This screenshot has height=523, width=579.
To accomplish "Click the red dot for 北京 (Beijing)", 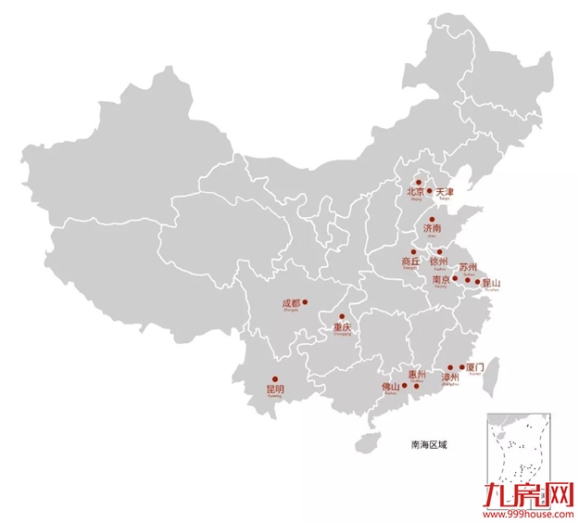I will click(418, 183).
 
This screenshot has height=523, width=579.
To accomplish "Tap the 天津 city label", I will click(445, 192).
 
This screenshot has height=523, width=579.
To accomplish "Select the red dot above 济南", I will click(432, 219).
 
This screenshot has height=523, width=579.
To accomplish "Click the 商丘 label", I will click(411, 261).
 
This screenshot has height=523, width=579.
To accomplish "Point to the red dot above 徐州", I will click(439, 251).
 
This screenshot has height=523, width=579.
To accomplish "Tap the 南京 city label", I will click(441, 279).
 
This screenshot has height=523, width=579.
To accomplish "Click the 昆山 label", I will click(491, 282).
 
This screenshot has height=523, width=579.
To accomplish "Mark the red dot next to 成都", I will click(305, 300).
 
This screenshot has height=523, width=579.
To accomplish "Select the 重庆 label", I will click(342, 327).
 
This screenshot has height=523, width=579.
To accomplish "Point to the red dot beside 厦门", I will click(462, 367).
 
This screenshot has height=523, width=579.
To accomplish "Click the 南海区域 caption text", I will click(429, 444).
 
